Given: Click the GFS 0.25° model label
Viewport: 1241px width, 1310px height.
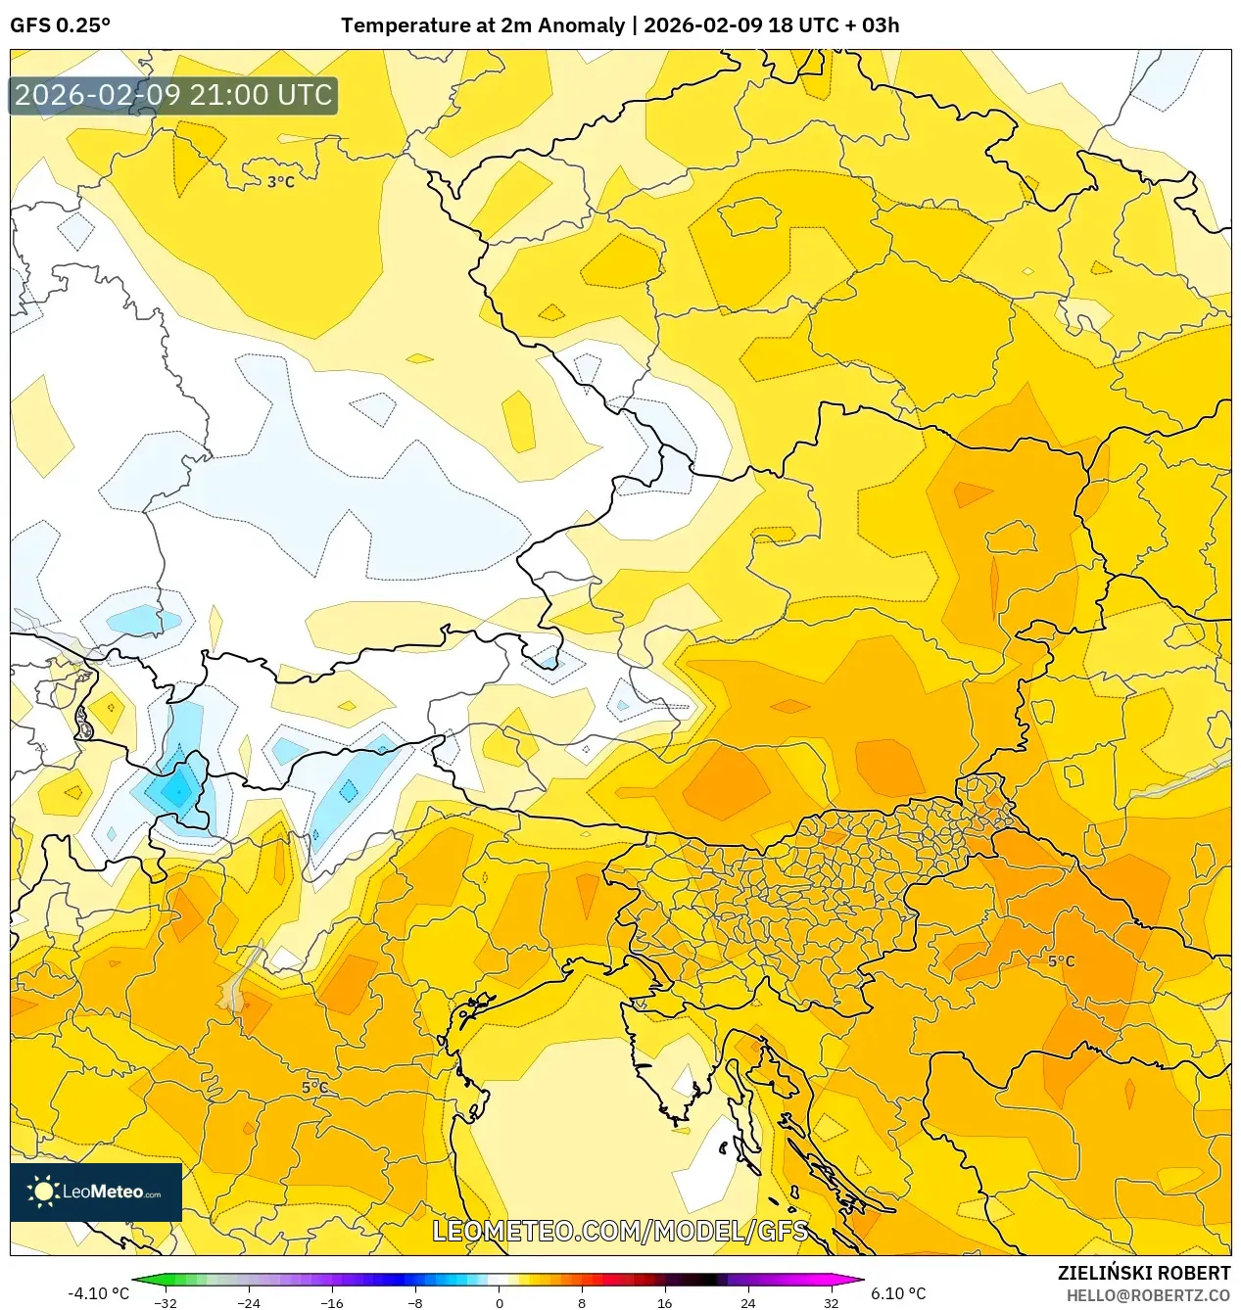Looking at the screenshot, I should pyautogui.click(x=60, y=25).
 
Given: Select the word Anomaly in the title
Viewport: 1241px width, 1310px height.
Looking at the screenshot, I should pyautogui.click(x=586, y=25).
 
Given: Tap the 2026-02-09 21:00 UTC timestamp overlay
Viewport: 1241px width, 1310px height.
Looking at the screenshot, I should pyautogui.click(x=173, y=95).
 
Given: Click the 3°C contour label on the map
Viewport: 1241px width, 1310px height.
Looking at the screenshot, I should pyautogui.click(x=281, y=182).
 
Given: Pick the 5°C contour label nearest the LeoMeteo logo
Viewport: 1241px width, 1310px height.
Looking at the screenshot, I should pyautogui.click(x=314, y=1088).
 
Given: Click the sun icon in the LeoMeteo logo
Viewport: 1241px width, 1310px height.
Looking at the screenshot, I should pyautogui.click(x=43, y=1191).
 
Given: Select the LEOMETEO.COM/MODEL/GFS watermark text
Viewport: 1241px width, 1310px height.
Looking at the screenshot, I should pyautogui.click(x=620, y=1231).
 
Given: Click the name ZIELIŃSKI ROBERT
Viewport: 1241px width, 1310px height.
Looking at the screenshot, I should pyautogui.click(x=1143, y=1273).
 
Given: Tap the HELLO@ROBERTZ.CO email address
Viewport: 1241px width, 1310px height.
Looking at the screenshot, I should pyautogui.click(x=1148, y=1295).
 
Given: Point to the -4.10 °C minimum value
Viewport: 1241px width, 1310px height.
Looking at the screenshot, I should pyautogui.click(x=98, y=1293).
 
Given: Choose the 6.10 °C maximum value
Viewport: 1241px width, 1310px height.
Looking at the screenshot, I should pyautogui.click(x=898, y=1293).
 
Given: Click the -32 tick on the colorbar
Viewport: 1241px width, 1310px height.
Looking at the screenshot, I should pyautogui.click(x=166, y=1303).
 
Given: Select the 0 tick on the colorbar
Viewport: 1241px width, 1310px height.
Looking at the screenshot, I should pyautogui.click(x=499, y=1303).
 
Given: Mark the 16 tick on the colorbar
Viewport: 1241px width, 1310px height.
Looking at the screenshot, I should pyautogui.click(x=665, y=1303).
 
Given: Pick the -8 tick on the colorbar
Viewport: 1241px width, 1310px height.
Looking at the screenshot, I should pyautogui.click(x=415, y=1303).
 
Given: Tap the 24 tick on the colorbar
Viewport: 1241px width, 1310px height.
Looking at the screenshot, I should pyautogui.click(x=748, y=1303).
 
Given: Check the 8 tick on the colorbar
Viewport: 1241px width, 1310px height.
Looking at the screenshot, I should pyautogui.click(x=582, y=1303).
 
